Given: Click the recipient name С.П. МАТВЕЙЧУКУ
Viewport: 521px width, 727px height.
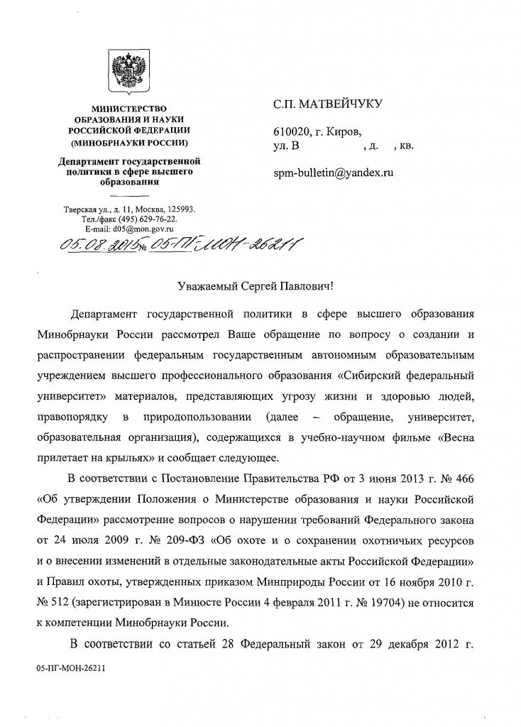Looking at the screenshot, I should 328,106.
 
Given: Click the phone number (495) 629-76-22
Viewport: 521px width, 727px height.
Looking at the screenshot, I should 148,220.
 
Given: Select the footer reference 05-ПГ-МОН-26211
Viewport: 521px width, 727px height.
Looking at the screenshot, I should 69,668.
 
